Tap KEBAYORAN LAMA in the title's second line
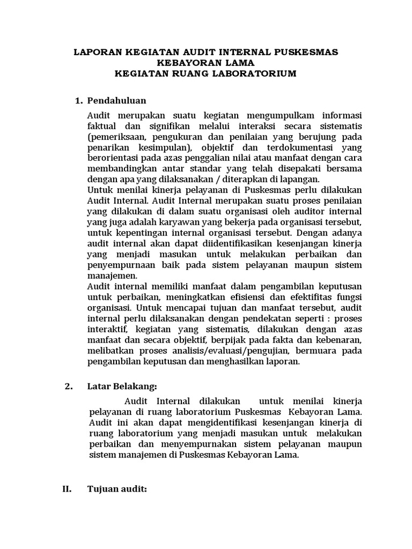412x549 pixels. [205, 63]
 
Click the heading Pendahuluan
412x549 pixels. [116, 101]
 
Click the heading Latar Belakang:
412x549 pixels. [122, 387]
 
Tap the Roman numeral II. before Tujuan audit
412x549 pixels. [64, 489]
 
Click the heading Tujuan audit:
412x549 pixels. [117, 489]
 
